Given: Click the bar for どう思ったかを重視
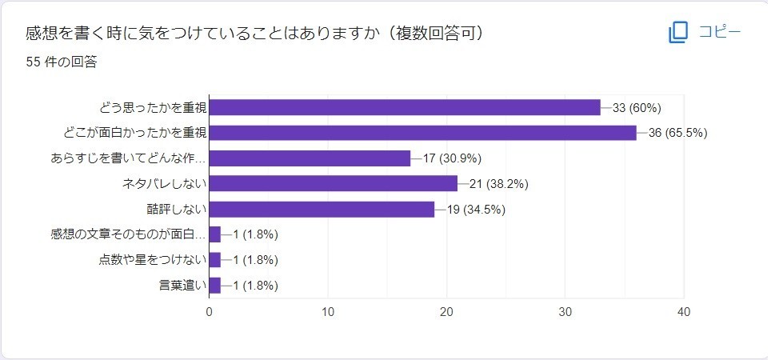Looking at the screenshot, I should click(404, 107).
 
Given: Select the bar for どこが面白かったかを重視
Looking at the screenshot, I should click(422, 133).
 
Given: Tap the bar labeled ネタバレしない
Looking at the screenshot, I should click(333, 184).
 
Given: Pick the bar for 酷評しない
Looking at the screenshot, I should click(322, 210).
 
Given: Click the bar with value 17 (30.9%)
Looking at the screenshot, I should click(310, 158).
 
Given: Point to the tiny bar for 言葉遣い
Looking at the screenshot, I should click(214, 286).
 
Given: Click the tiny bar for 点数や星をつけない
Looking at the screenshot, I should click(214, 260).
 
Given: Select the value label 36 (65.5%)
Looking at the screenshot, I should click(678, 133).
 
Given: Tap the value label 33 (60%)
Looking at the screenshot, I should click(637, 108).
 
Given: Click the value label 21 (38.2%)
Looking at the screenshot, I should click(499, 184).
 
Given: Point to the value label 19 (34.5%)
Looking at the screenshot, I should click(476, 210).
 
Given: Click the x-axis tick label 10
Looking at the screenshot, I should click(328, 312).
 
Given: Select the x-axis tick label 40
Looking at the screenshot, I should click(684, 312).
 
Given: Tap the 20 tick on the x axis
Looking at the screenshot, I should click(446, 312).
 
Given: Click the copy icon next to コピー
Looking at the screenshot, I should click(678, 33).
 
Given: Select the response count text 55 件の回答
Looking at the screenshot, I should click(62, 62).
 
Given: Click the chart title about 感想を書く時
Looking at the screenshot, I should click(254, 34).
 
